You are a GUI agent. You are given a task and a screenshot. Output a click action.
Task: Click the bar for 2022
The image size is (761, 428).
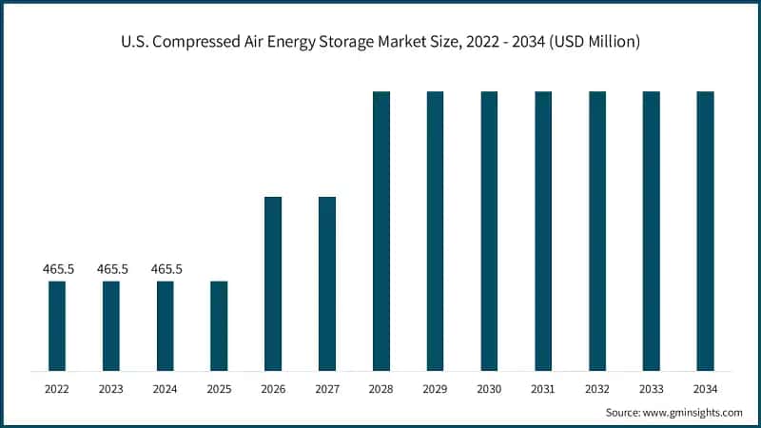[57, 325]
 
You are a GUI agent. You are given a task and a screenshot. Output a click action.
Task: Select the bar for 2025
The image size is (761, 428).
[219, 325]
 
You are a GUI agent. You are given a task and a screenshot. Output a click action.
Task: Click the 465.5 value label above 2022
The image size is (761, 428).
[57, 269]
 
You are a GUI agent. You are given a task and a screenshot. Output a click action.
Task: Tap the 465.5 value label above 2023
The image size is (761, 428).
[111, 269]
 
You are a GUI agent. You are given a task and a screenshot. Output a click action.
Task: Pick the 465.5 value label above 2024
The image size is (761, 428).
[165, 269]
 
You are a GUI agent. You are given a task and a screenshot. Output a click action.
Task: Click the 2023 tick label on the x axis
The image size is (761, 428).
[111, 389]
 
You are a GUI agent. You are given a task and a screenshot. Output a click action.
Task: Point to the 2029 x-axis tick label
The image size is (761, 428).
[435, 389]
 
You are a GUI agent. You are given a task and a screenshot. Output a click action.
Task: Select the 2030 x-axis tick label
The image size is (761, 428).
[489, 389]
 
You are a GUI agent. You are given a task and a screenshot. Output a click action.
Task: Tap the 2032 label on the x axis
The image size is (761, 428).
[597, 389]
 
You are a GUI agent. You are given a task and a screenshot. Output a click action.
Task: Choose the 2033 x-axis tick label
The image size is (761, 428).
[651, 389]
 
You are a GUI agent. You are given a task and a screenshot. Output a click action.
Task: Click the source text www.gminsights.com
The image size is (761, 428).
[694, 413]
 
